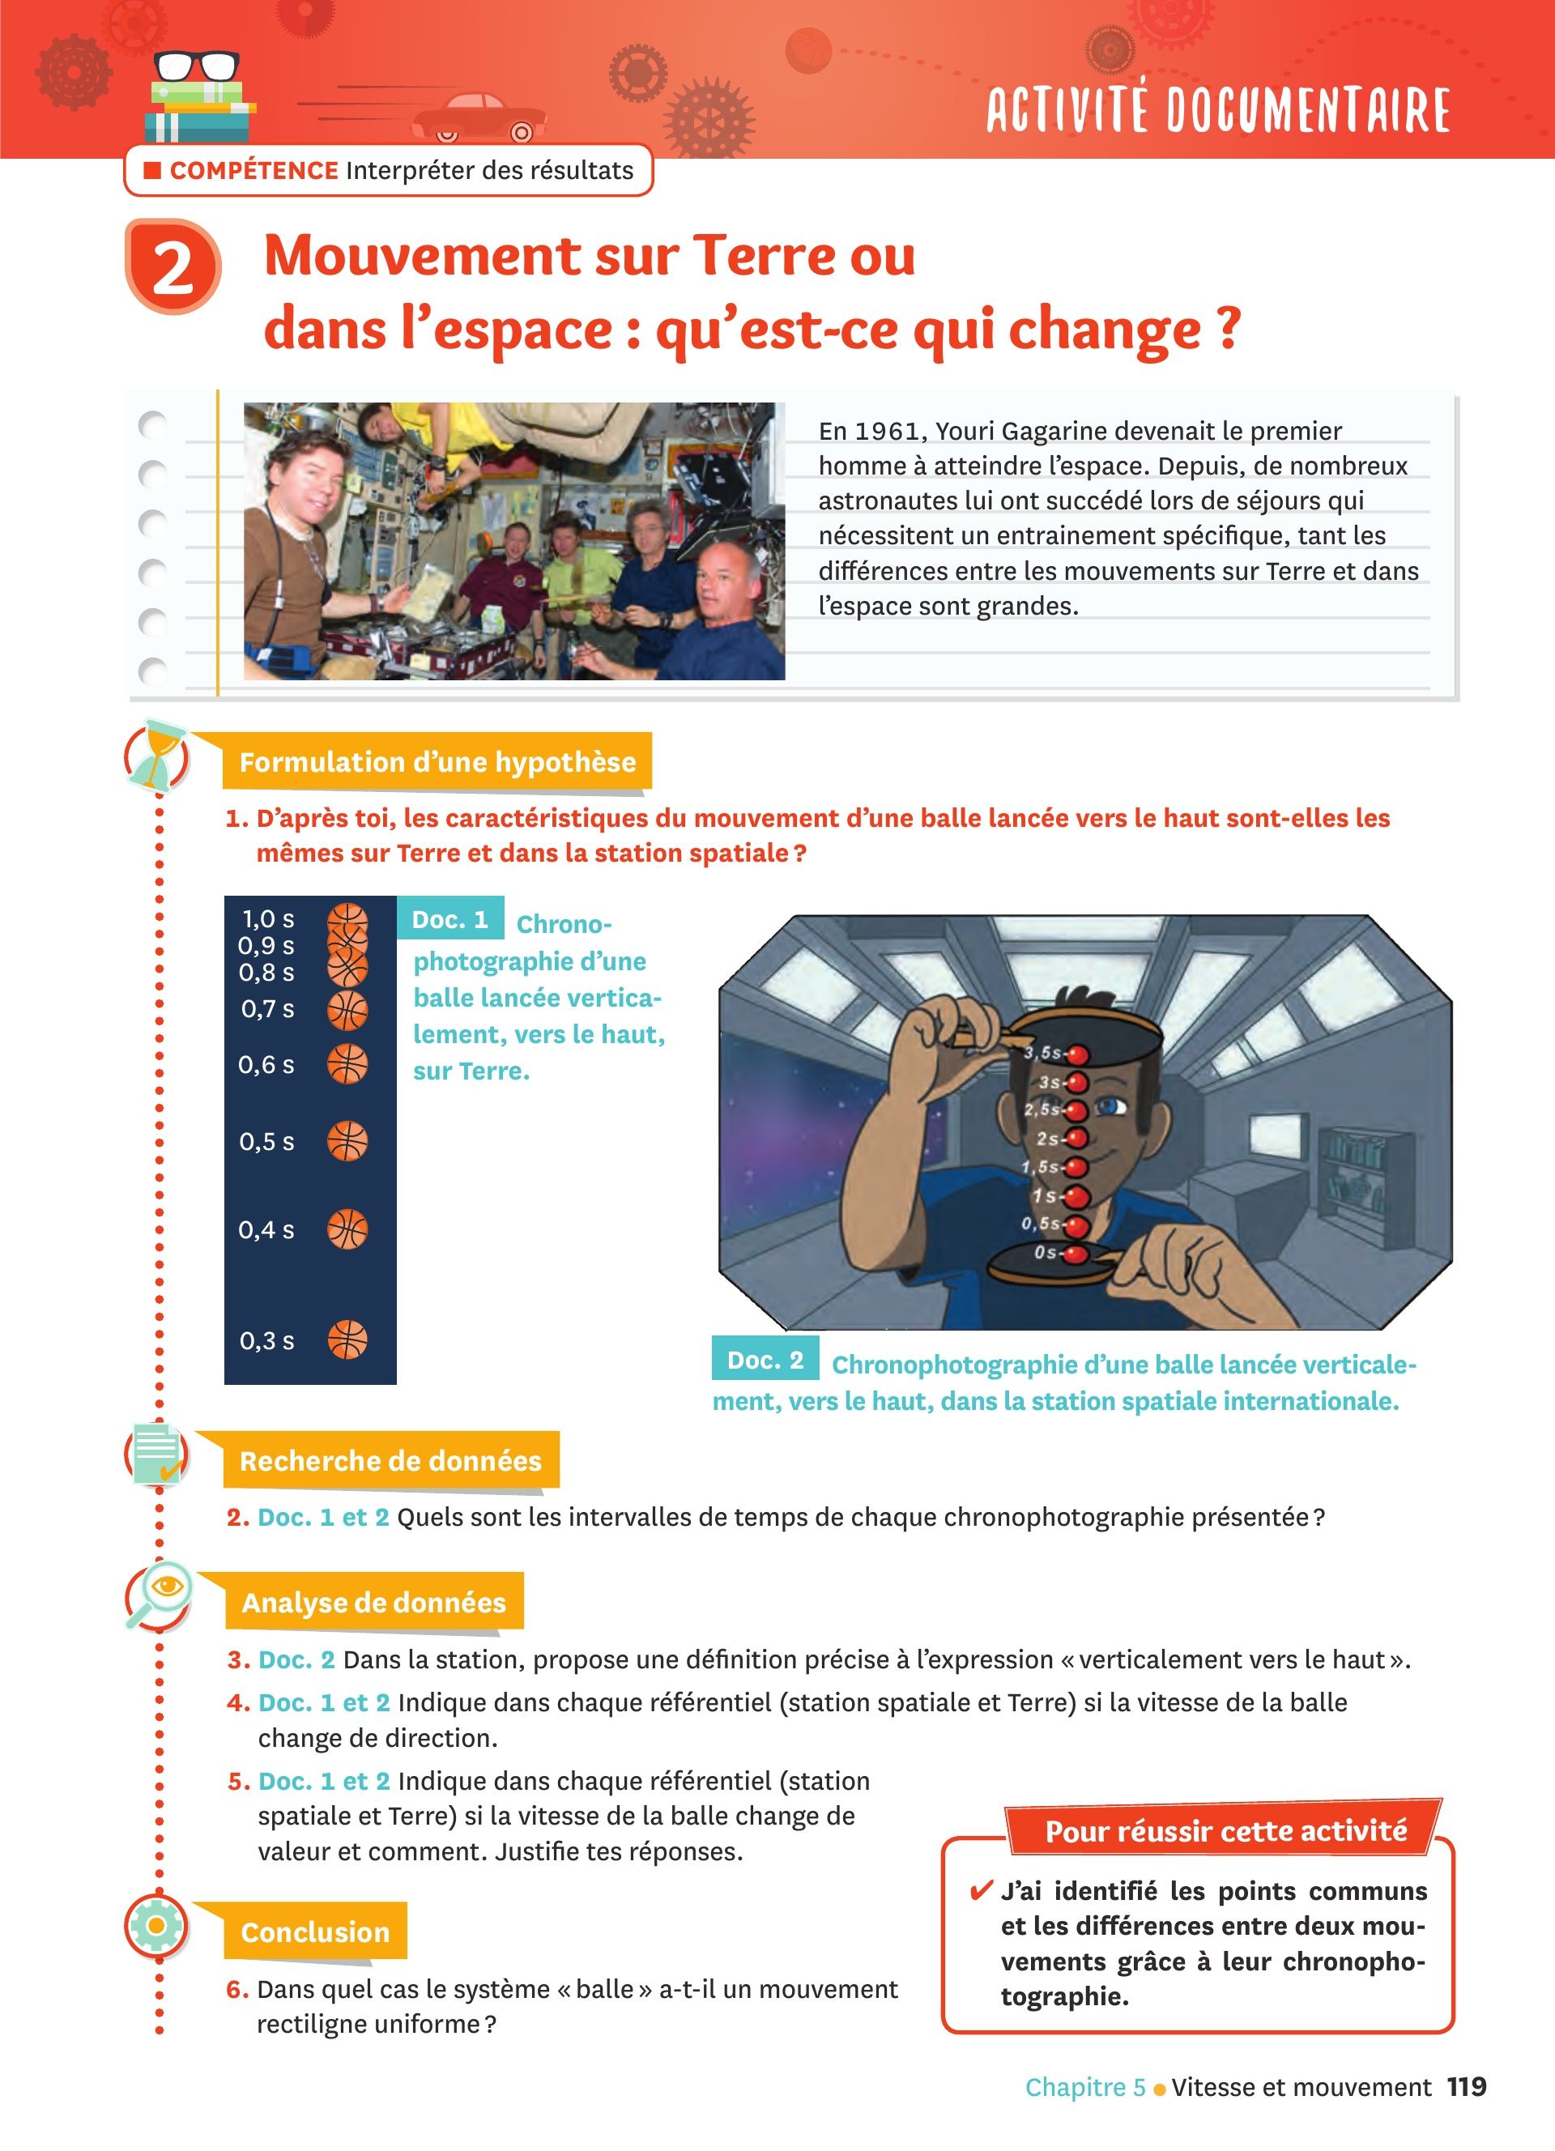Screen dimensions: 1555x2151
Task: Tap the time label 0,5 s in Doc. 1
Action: [266, 1142]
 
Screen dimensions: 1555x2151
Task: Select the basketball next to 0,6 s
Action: [347, 1064]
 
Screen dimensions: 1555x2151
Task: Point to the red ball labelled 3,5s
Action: [1078, 1054]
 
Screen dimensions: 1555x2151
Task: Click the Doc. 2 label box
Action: [765, 1359]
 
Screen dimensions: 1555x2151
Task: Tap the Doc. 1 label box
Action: [450, 919]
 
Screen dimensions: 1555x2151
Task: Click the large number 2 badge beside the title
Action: [173, 266]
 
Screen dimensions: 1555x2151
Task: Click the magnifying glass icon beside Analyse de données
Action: [159, 1596]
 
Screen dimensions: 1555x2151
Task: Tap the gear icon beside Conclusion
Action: [156, 1925]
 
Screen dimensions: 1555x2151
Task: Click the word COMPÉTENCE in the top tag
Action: [254, 171]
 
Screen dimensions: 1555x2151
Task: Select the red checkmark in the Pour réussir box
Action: [982, 1891]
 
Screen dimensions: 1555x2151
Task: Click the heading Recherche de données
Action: [390, 1460]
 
